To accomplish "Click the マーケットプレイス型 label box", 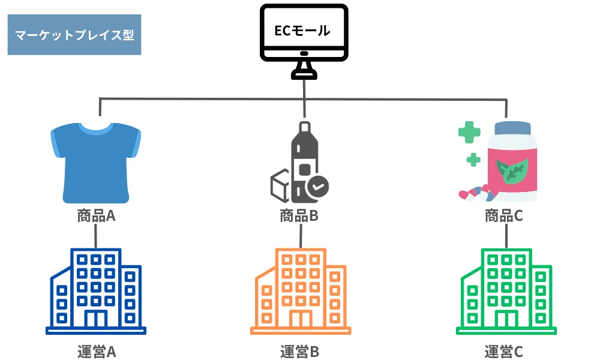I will click(x=74, y=35).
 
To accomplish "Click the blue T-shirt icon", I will click(x=96, y=162).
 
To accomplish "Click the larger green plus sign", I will click(x=469, y=133).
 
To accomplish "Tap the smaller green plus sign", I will click(x=474, y=160).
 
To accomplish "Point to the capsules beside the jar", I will click(x=478, y=194).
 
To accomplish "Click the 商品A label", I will click(x=96, y=215).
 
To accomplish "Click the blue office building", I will click(x=96, y=291).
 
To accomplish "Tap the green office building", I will click(x=505, y=291).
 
